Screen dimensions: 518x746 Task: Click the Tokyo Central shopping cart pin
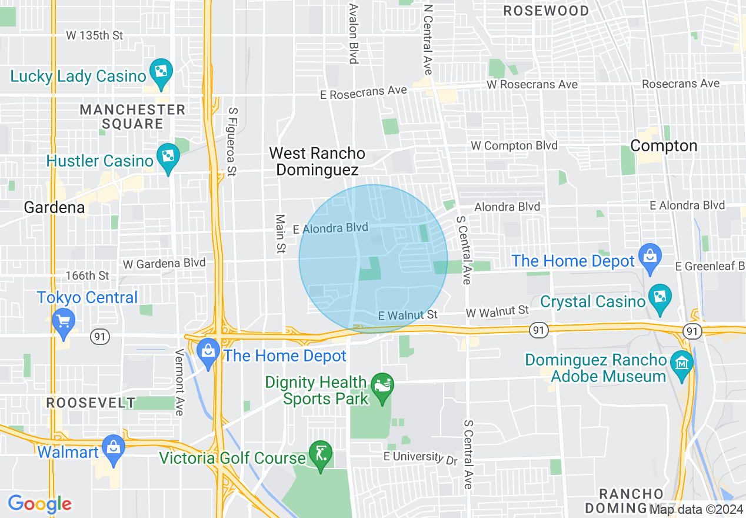pyautogui.click(x=63, y=323)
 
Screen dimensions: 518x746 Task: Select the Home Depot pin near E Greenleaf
pyautogui.click(x=650, y=257)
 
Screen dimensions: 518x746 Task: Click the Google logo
pyautogui.click(x=39, y=504)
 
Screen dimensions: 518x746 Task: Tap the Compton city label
pyautogui.click(x=664, y=145)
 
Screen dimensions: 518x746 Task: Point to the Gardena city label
pyautogui.click(x=54, y=207)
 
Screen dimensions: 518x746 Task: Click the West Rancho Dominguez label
pyautogui.click(x=317, y=161)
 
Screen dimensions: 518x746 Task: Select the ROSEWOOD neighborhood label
pyautogui.click(x=547, y=11)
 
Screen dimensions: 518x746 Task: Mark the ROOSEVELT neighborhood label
pyautogui.click(x=91, y=403)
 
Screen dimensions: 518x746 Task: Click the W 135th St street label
pyautogui.click(x=94, y=35)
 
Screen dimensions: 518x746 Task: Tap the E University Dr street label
pyautogui.click(x=420, y=457)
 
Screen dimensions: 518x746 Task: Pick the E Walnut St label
pyautogui.click(x=408, y=316)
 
